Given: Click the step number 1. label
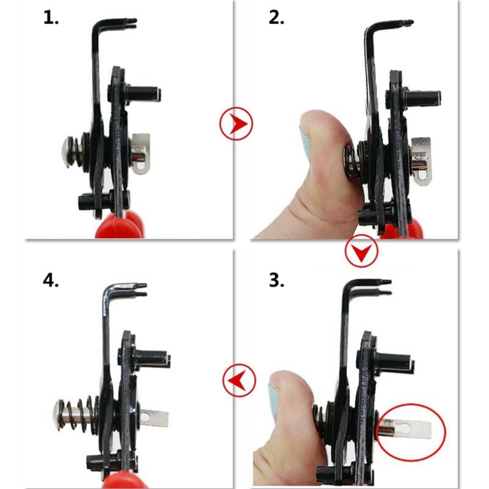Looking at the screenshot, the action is pos(51,18).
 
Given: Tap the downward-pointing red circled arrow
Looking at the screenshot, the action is pos(361,251).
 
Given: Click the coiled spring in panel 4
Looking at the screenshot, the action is pos(79,414).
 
